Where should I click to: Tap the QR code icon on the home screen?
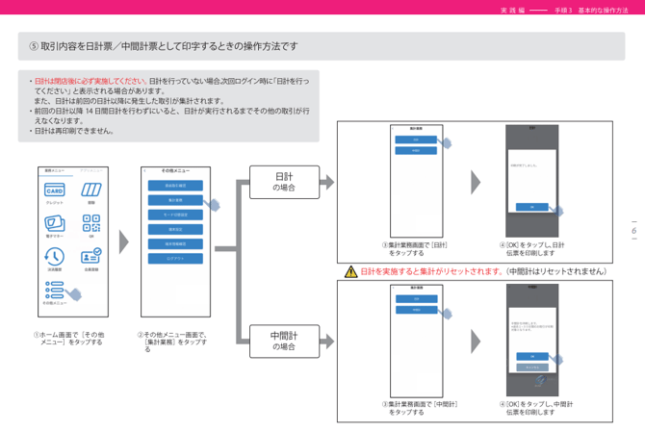point(91,223)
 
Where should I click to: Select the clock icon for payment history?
point(55,257)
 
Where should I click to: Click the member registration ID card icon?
point(91,257)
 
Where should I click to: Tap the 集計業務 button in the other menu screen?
point(175,200)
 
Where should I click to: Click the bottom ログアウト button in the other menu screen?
point(175,258)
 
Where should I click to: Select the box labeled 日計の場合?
point(284,182)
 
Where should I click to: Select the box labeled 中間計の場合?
point(284,341)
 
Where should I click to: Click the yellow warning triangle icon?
point(350,272)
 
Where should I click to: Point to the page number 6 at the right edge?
point(634,231)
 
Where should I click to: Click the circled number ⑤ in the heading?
point(35,46)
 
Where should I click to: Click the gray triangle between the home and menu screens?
point(123,231)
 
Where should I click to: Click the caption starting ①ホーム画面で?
point(69,339)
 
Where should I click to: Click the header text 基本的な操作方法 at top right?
point(603,9)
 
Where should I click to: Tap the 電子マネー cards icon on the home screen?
point(55,223)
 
